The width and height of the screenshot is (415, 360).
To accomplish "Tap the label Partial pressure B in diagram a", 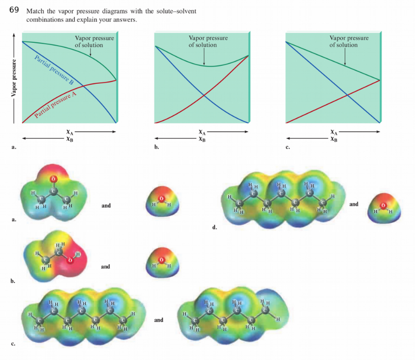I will (x=54, y=70).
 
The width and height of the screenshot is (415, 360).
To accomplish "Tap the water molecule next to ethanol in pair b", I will (x=161, y=265).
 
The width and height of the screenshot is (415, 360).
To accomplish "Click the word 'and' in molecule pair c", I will (x=158, y=319).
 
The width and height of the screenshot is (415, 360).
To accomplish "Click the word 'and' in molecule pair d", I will (x=354, y=204).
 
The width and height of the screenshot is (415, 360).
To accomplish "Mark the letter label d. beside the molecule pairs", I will (x=214, y=227).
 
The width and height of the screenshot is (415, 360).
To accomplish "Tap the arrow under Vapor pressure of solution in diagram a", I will (x=90, y=52).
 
